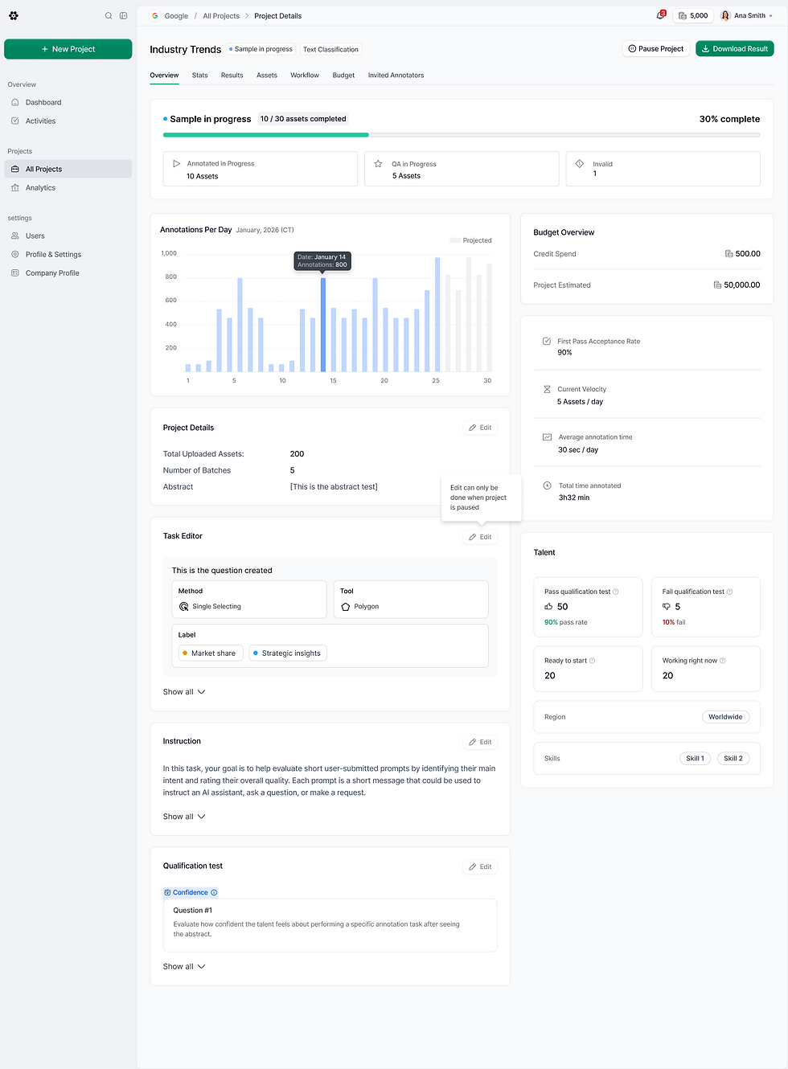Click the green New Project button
(x=68, y=49)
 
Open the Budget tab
(x=343, y=76)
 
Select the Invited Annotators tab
(x=396, y=76)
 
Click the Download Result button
(x=734, y=49)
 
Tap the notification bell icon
(x=660, y=15)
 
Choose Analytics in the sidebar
(x=40, y=187)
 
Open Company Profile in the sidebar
(x=52, y=273)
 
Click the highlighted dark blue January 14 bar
(x=322, y=325)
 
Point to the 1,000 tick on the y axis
(x=169, y=253)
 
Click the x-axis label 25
(x=435, y=380)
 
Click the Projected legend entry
(x=470, y=240)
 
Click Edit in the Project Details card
(x=480, y=428)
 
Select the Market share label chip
(x=211, y=653)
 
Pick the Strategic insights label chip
(x=287, y=653)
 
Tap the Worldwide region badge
(x=724, y=717)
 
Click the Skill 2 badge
(x=733, y=758)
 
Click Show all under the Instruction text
(x=184, y=817)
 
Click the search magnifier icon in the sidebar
(x=109, y=16)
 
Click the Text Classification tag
(x=330, y=49)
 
